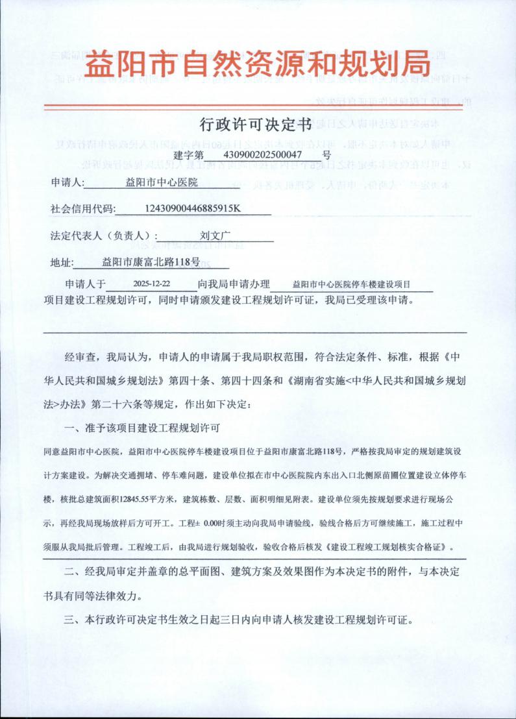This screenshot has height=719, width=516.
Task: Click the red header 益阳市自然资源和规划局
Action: click(258, 65)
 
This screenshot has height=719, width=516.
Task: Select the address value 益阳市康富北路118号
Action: click(151, 263)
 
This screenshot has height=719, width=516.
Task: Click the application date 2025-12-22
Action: click(151, 284)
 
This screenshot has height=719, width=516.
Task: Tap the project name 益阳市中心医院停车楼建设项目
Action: click(352, 284)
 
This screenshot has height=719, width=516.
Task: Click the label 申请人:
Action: click(68, 183)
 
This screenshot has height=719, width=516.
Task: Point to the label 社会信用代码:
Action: click(82, 210)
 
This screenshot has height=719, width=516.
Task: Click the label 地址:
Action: click(62, 263)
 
